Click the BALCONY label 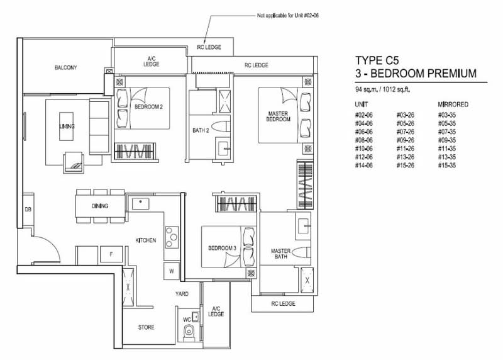click(x=65, y=68)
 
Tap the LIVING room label click(x=67, y=127)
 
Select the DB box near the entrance click(x=28, y=210)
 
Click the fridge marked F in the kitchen click(x=111, y=254)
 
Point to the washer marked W click(x=172, y=271)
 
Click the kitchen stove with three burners click(x=172, y=237)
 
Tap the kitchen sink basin click(x=140, y=204)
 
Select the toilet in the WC click(x=189, y=332)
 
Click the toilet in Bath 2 click(x=221, y=127)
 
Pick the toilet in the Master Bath click(x=302, y=252)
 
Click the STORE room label click(x=146, y=327)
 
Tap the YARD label click(x=182, y=293)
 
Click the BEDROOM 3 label click(x=222, y=248)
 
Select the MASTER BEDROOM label click(x=278, y=116)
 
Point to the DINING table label click(x=100, y=206)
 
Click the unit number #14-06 click(x=364, y=166)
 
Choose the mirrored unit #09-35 click(x=447, y=140)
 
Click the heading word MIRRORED click(x=453, y=104)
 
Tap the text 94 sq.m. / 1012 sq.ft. click(x=382, y=89)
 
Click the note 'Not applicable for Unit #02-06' click(x=288, y=15)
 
